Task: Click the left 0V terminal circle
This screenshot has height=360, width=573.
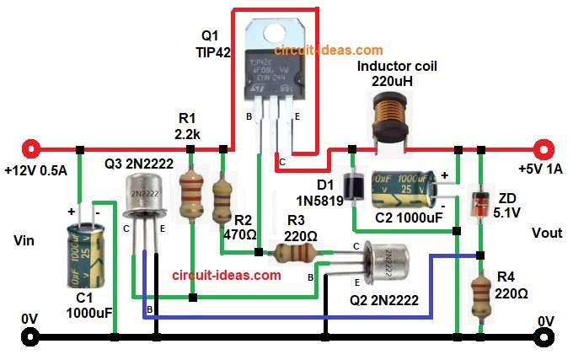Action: (30, 338)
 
